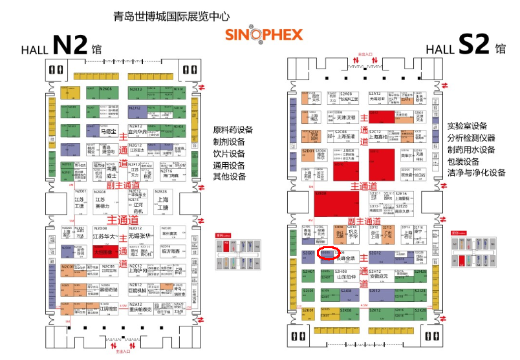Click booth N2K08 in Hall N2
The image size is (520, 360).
tap(107, 92)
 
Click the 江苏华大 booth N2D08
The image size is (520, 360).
tap(103, 235)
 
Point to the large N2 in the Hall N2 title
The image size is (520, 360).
tap(69, 45)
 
